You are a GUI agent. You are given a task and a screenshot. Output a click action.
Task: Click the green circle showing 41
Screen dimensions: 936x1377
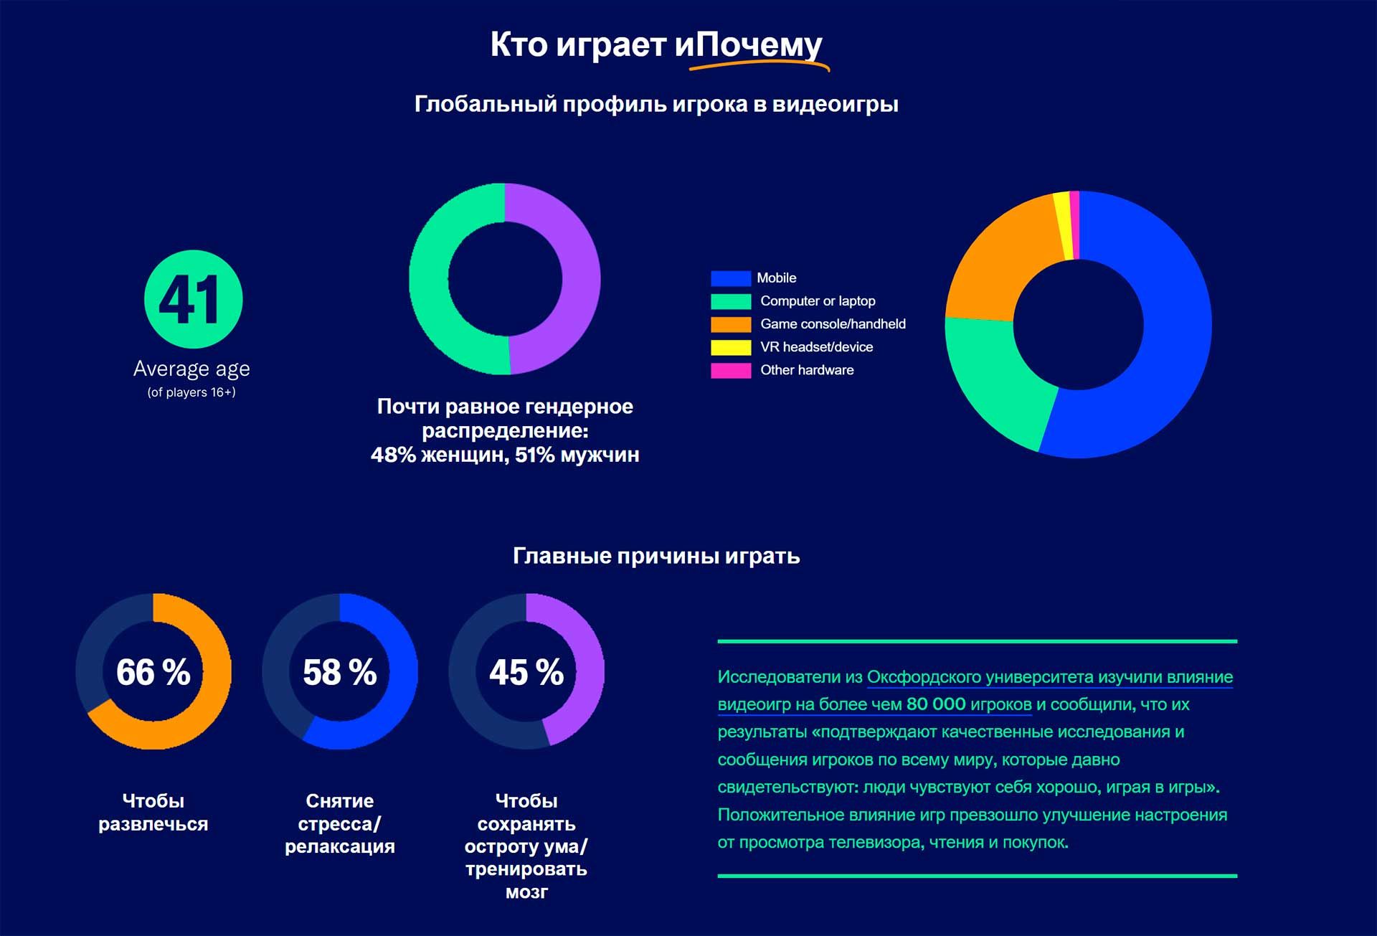tap(193, 299)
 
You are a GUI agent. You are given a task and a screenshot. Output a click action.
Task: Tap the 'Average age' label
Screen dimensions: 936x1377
tap(191, 369)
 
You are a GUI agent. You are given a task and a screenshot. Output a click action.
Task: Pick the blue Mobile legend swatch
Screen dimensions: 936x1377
tap(730, 278)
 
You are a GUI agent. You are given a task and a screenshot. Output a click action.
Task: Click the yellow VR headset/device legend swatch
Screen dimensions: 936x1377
tap(730, 347)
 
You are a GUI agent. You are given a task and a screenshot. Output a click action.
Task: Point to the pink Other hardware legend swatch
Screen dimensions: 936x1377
tap(730, 370)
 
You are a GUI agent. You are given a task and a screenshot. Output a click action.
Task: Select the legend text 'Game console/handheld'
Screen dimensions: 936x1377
tap(833, 324)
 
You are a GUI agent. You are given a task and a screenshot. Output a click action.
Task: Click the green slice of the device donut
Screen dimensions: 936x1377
tap(997, 380)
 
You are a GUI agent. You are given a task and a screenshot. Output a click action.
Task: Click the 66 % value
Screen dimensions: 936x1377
tap(153, 673)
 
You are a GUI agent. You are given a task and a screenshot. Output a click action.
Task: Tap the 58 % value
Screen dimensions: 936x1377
tap(339, 673)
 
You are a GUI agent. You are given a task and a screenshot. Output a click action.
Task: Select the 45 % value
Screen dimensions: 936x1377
tap(526, 673)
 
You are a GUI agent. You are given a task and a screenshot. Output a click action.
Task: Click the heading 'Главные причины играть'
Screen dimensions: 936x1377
tap(656, 556)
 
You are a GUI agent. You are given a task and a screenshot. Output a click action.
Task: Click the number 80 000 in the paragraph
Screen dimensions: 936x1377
tap(936, 704)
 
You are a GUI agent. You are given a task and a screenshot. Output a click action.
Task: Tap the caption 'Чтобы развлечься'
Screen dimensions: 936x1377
tap(153, 812)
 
